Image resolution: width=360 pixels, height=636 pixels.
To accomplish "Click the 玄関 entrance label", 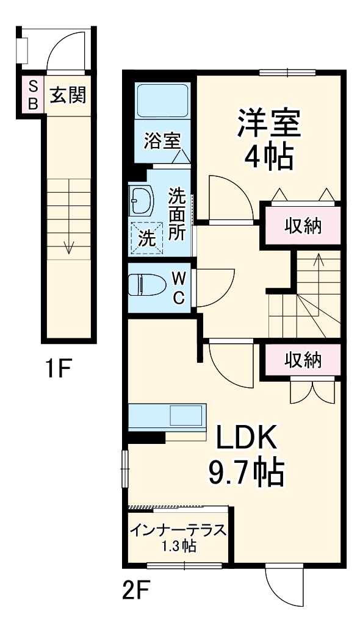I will pyautogui.click(x=67, y=95).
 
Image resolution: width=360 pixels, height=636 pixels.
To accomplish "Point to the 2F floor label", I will pyautogui.click(x=136, y=590).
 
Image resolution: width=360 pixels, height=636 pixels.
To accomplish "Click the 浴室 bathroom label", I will pyautogui.click(x=162, y=141).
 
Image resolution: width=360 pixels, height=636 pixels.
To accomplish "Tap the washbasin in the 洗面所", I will pyautogui.click(x=142, y=200).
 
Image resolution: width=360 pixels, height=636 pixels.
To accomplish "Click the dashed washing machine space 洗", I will pyautogui.click(x=146, y=237).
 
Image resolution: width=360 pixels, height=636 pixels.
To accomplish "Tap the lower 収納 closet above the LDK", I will pyautogui.click(x=303, y=360).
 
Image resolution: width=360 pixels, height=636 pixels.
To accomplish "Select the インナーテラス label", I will pyautogui.click(x=178, y=529).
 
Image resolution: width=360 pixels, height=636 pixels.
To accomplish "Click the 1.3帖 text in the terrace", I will pyautogui.click(x=178, y=546).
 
